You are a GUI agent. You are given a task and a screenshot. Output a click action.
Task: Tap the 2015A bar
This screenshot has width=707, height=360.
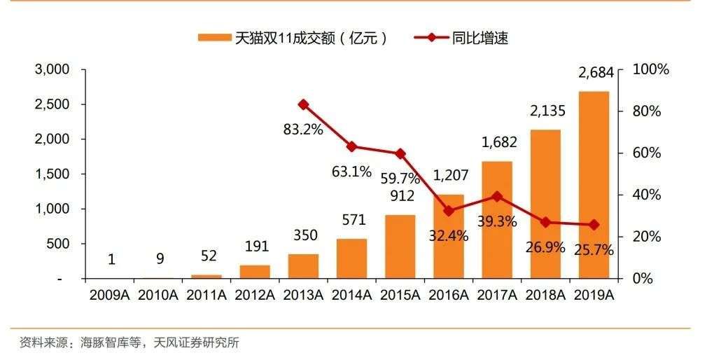coord(400,247)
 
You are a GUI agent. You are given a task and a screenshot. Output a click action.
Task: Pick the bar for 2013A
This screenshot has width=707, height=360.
coord(303,266)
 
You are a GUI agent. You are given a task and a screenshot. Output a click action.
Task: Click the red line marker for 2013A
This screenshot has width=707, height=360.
coord(303,104)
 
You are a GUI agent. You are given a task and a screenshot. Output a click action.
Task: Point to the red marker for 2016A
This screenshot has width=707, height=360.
coord(448,211)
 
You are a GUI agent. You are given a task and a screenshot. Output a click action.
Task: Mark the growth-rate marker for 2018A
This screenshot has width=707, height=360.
coord(545,222)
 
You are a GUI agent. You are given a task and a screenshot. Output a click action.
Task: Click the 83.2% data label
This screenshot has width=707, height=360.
coord(303,130)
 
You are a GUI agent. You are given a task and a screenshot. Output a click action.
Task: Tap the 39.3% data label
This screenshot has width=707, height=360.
coord(497,222)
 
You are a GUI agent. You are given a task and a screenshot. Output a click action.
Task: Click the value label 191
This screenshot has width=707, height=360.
coord(255,247)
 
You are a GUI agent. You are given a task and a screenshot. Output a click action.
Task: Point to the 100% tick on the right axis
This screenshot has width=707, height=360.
coord(650,69)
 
